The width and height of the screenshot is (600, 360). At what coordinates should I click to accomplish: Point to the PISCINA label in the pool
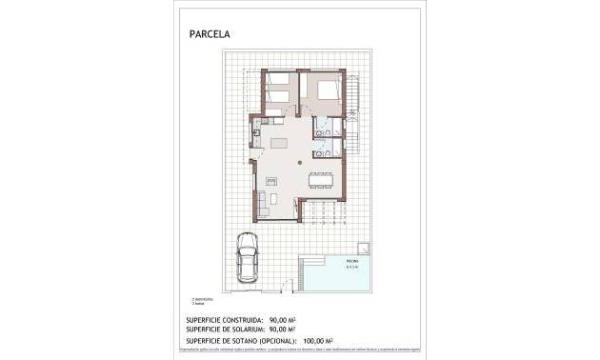pos(351,259)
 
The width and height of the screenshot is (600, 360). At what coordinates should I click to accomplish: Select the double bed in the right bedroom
pos(325,90)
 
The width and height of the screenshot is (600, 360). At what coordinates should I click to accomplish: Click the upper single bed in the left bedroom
pos(278,80)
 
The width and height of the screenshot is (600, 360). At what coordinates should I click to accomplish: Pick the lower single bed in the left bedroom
pos(278,98)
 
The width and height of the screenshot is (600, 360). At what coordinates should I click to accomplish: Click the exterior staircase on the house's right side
pos(352,114)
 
